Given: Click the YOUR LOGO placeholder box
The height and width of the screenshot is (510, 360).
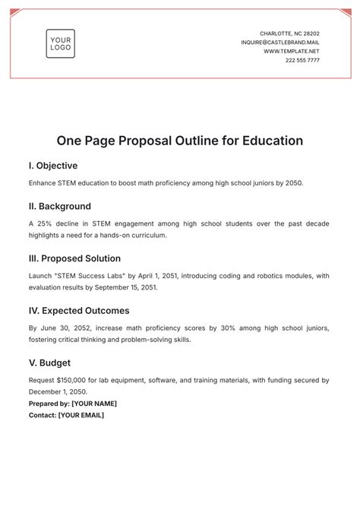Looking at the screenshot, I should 60,43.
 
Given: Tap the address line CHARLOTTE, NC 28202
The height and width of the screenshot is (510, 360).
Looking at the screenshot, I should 289,33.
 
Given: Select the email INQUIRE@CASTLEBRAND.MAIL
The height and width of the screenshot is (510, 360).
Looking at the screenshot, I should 280,43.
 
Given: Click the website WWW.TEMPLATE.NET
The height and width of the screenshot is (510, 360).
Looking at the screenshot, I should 292,51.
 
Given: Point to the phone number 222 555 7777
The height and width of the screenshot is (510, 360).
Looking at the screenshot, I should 302,60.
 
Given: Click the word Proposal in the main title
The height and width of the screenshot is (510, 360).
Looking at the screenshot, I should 153,141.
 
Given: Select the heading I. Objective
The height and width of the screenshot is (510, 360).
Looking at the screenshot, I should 53,166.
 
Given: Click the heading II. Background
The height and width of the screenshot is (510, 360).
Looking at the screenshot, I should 60,206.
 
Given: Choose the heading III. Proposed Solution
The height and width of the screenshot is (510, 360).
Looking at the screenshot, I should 79,258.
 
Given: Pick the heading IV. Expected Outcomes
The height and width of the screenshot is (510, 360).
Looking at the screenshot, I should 79,311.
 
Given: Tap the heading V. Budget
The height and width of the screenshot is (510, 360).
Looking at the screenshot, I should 52,363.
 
